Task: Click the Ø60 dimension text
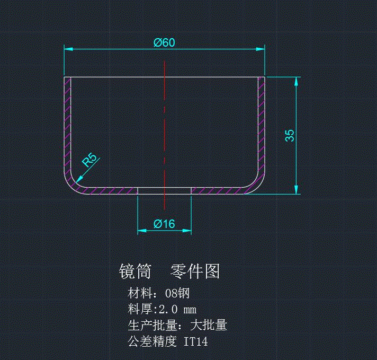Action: pyautogui.click(x=164, y=43)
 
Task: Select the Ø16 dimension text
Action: pyautogui.click(x=164, y=224)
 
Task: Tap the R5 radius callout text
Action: pyautogui.click(x=89, y=160)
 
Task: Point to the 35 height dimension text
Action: pyautogui.click(x=290, y=135)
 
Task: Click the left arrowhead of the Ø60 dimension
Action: pyautogui.click(x=68, y=49)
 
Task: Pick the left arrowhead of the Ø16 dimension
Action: pyautogui.click(x=141, y=231)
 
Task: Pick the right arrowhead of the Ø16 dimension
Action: pyautogui.click(x=187, y=231)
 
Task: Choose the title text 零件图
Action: pyautogui.click(x=195, y=272)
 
